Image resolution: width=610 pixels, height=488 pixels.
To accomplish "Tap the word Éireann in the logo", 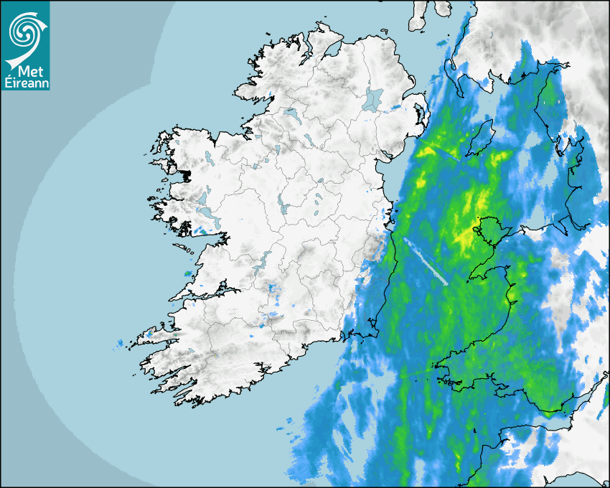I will point(24,83).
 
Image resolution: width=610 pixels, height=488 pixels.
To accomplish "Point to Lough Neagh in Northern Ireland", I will point(373,98).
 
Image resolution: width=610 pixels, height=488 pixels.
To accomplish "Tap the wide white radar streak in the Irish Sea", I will point(426,261).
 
